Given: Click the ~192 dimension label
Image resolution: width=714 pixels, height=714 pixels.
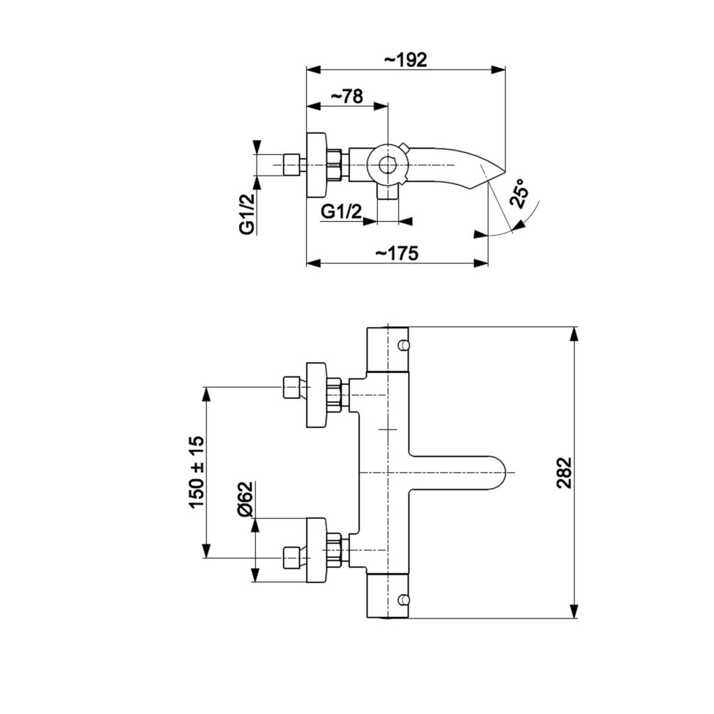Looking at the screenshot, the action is tap(407, 60).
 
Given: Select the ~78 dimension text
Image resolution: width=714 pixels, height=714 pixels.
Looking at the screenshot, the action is tap(347, 96).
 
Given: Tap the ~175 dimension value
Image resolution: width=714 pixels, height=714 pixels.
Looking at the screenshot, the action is tap(397, 253).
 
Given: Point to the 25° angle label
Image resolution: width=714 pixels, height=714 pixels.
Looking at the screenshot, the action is tap(519, 194).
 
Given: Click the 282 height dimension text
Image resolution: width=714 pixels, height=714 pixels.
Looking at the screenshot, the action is tap(564, 473).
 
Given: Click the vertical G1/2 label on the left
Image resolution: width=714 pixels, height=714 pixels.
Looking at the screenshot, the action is tap(246, 213).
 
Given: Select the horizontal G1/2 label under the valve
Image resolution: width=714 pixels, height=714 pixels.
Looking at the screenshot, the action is tap(342, 212).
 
